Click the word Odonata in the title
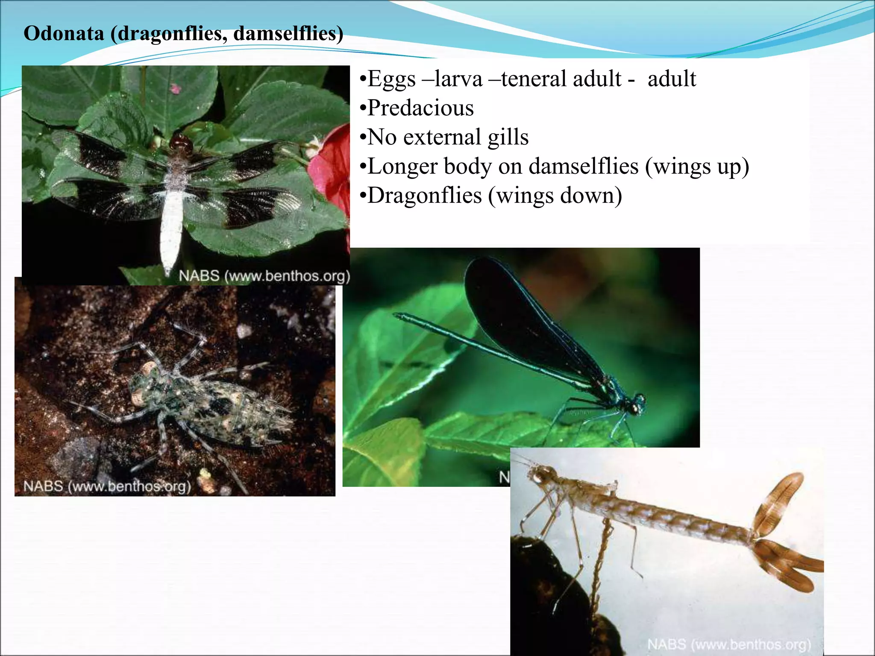(64, 33)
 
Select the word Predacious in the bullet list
(420, 108)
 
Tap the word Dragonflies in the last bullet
(425, 196)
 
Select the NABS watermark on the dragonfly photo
(264, 276)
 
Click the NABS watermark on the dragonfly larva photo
(107, 486)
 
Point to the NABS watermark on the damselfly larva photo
(729, 644)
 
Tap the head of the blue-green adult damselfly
(637, 404)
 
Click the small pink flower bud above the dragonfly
(175, 89)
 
